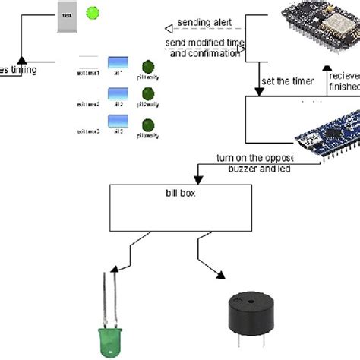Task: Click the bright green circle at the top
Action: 93,12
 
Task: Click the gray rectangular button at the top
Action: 66,16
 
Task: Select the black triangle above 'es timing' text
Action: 21,58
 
